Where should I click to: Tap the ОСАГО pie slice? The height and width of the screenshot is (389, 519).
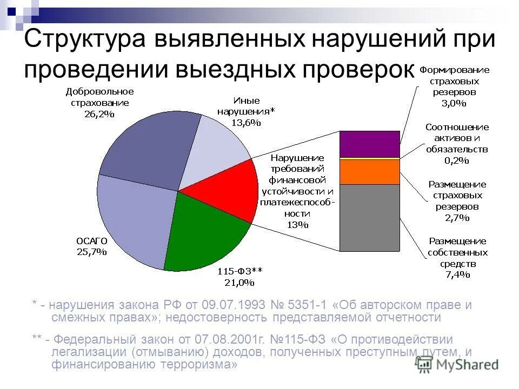point(132,216)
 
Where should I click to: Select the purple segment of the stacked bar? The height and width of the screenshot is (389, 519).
point(369,143)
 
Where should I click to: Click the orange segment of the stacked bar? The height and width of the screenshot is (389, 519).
point(369,171)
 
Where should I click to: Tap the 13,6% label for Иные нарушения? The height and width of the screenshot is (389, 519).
point(246,123)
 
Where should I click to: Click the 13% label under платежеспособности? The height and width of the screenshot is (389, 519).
point(297,225)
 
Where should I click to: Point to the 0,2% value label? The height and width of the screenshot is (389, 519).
point(456,160)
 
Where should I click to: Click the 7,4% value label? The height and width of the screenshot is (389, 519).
point(457,274)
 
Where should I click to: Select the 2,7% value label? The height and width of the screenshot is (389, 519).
point(457,218)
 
